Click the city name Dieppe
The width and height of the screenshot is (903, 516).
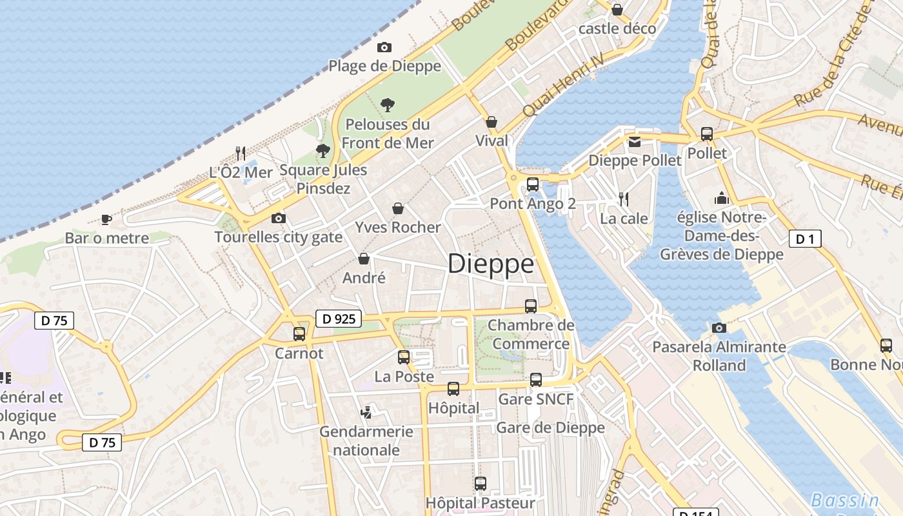[491, 264]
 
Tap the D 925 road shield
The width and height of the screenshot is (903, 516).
[339, 318]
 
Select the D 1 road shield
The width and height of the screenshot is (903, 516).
[805, 239]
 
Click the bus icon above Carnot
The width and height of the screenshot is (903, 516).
[299, 333]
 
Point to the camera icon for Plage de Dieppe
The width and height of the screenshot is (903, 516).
[384, 47]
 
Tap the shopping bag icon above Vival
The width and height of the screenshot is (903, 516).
[491, 121]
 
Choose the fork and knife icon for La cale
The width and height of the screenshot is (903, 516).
[624, 199]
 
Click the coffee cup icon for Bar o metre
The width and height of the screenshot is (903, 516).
[106, 219]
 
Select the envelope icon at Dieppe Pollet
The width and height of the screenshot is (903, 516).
[635, 141]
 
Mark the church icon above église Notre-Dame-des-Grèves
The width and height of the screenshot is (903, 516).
[721, 198]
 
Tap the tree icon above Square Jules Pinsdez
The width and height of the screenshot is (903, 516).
[323, 151]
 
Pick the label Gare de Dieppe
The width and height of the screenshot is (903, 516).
[550, 428]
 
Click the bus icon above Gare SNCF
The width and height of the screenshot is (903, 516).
[536, 380]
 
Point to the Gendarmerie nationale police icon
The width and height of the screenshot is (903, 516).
[366, 412]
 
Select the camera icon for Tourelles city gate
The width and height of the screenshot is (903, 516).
[279, 219]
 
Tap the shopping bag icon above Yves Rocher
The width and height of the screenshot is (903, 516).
[398, 208]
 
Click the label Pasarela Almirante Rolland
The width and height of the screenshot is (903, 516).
[719, 356]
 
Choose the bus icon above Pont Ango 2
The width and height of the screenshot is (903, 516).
[533, 184]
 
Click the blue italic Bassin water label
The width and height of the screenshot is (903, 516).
[845, 500]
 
